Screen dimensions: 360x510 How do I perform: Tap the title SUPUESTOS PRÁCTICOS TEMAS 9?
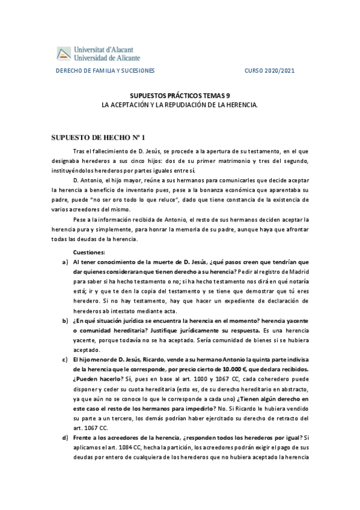coord(180,96)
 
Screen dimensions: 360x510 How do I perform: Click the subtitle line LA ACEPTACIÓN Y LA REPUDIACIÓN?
coord(180,105)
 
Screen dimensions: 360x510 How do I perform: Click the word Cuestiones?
coord(88,253)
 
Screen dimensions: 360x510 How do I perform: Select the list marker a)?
coord(65,262)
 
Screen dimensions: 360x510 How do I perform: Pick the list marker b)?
coord(65,321)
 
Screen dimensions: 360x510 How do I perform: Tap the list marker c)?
coord(65,359)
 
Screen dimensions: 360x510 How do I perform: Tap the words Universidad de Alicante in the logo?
coord(106,57)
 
